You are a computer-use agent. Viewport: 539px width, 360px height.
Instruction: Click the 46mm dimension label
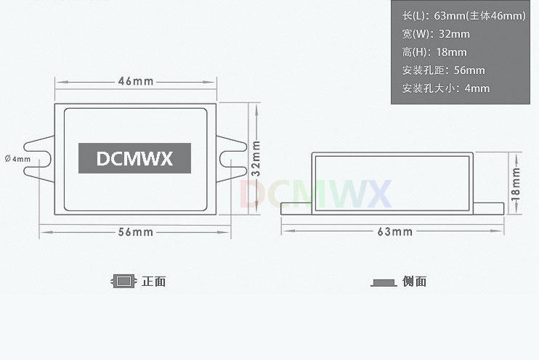(135, 81)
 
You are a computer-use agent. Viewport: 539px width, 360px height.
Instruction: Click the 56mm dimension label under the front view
(135, 232)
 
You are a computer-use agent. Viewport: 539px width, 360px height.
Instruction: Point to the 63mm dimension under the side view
(394, 232)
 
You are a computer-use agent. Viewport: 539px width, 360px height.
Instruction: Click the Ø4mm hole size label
(17, 158)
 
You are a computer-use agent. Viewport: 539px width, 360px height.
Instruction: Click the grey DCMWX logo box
(134, 158)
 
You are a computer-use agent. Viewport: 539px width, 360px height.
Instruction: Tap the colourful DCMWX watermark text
(315, 193)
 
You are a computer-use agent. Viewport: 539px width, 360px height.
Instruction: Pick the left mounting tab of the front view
(39, 158)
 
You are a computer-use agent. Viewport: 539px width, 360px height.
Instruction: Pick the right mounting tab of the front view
(230, 158)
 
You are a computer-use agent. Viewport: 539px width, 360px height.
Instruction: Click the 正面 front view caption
(154, 282)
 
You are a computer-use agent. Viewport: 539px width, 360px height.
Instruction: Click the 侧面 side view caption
(415, 282)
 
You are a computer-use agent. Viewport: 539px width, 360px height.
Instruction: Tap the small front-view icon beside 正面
(124, 281)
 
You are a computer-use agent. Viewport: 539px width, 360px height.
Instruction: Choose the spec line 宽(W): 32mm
(435, 34)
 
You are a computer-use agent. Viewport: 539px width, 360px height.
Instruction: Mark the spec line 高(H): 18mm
(434, 52)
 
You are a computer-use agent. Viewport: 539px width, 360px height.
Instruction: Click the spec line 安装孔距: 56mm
(443, 70)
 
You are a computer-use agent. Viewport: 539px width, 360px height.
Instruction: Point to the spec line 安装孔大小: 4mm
(445, 89)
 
